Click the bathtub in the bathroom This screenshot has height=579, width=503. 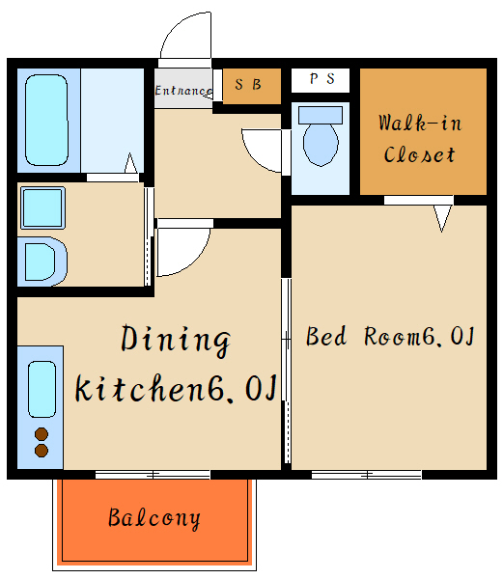point(46,120)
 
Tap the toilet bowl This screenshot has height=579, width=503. point(321,145)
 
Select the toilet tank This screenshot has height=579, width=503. point(321,115)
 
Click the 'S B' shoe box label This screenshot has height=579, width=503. point(248,85)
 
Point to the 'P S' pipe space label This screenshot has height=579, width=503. point(322,79)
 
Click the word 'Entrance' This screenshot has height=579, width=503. point(183,91)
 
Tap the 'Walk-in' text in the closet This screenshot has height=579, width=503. point(420,123)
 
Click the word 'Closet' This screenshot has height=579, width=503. point(420,154)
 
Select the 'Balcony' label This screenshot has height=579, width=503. point(154,518)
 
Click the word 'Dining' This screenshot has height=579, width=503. point(176,341)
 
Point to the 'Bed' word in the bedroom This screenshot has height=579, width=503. point(326,336)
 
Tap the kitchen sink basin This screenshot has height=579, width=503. point(42,389)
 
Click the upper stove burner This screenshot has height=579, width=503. point(42,434)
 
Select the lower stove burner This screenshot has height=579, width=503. point(42,451)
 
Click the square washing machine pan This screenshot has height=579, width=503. point(42,207)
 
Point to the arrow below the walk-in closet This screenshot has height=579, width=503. point(442,219)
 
